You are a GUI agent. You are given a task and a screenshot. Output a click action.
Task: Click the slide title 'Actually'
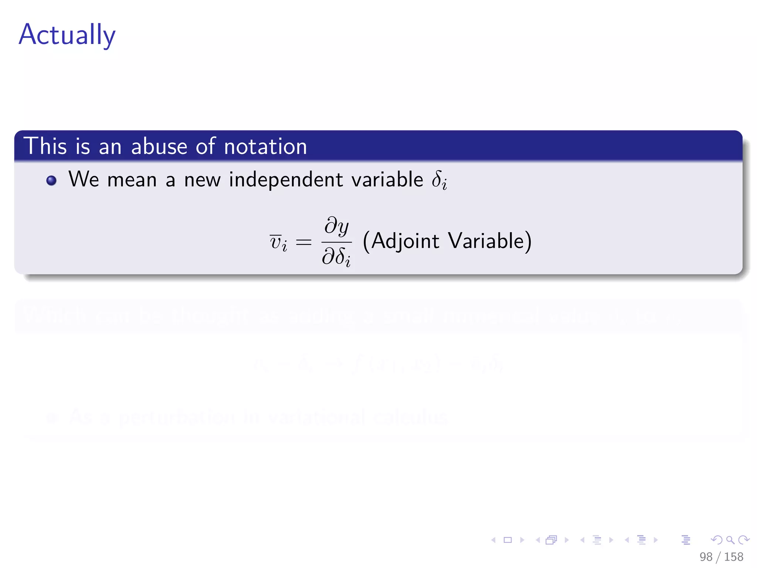tap(67, 35)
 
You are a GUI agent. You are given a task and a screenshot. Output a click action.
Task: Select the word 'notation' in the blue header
tap(265, 146)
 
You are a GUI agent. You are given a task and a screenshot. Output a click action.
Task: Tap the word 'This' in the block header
tap(45, 146)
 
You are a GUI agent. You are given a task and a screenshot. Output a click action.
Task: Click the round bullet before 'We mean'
tap(51, 180)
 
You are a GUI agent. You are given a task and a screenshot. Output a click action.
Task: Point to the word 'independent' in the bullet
tap(286, 180)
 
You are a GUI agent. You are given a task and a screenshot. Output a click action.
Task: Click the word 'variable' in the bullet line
tap(387, 180)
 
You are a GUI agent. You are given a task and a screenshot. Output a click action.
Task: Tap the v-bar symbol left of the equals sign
tap(278, 243)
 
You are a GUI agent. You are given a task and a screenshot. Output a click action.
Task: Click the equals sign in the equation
tap(304, 243)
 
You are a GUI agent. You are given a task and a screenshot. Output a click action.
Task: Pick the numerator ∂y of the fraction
tap(336, 226)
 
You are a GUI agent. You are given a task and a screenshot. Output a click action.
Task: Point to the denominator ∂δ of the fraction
tap(336, 257)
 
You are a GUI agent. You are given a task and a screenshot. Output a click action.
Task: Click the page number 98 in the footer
tap(706, 557)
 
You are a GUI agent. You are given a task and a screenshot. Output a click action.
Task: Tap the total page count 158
tap(733, 557)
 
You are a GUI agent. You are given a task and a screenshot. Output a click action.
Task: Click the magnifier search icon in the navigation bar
tap(730, 540)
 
